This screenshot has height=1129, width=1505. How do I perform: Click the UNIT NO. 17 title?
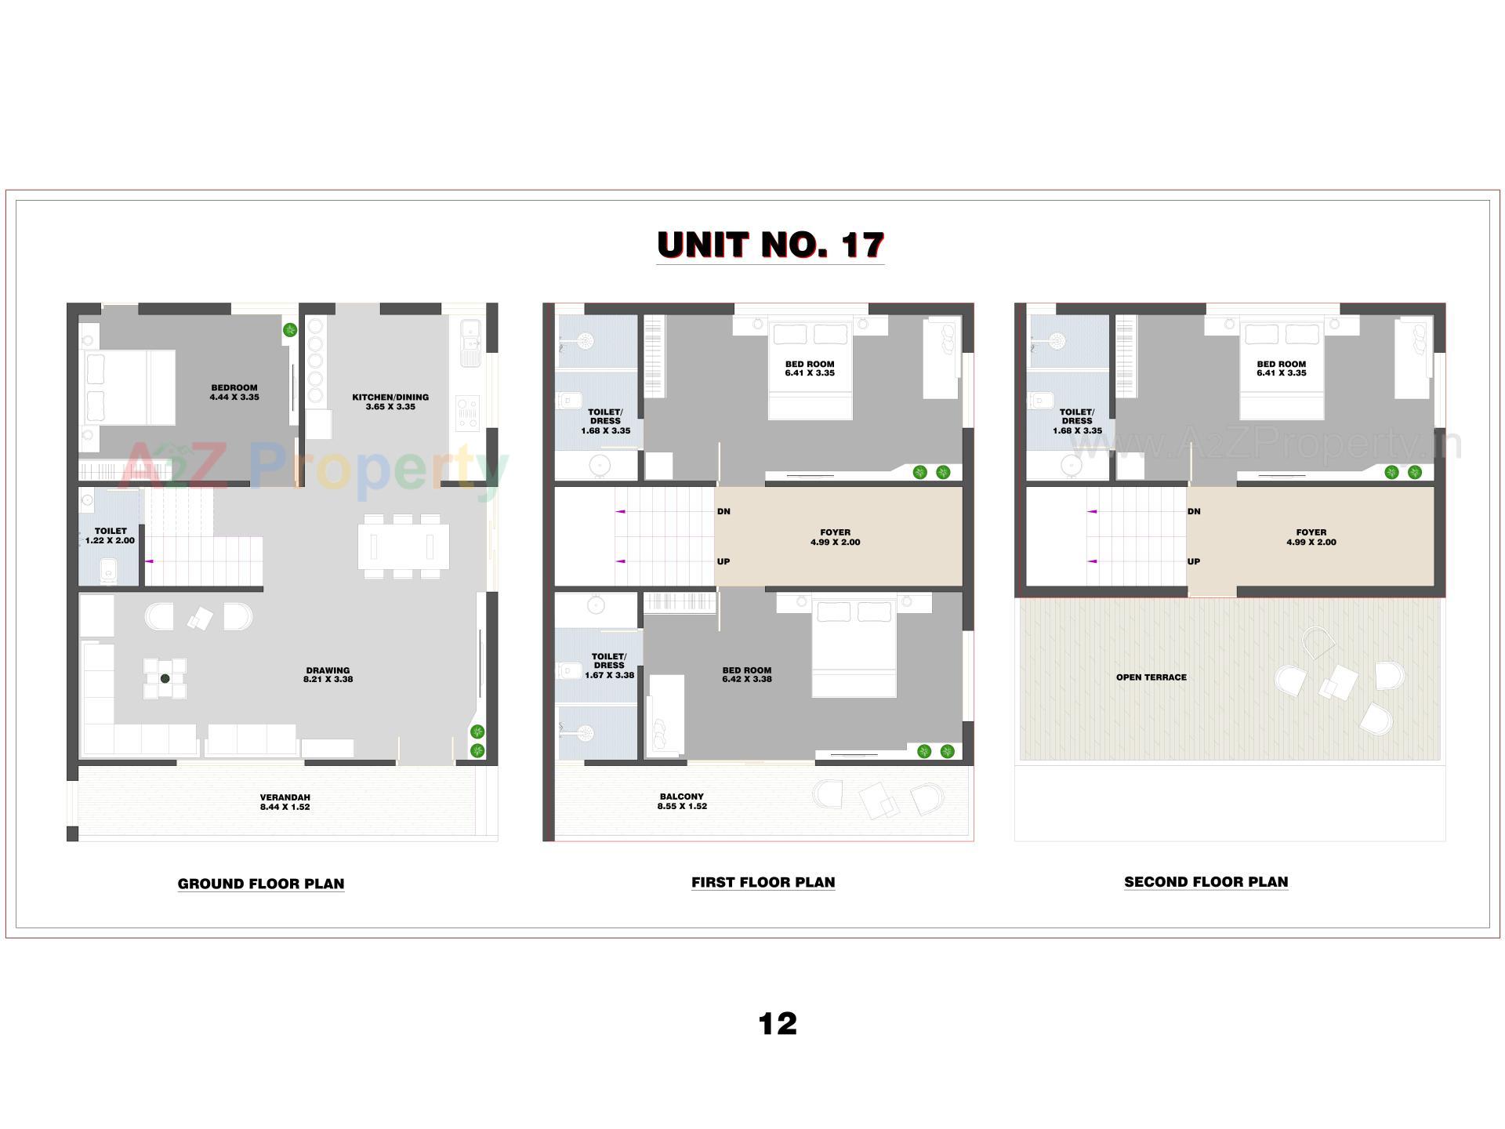771,245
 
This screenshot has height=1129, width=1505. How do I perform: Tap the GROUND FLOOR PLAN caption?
261,884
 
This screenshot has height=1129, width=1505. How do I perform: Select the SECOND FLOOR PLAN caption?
1206,882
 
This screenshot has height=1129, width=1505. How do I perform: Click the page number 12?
777,1024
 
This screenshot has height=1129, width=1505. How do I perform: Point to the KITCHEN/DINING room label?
390,401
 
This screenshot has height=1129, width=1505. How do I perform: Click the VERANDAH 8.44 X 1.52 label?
285,802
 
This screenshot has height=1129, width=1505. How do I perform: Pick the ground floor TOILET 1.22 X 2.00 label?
111,535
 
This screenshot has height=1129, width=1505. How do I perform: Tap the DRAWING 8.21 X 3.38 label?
328,675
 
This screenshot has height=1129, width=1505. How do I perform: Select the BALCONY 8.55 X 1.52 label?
682,801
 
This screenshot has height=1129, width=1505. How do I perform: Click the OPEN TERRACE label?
1151,677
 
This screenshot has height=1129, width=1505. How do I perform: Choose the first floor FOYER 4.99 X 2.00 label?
835,537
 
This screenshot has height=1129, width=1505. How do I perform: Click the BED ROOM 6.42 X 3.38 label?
746,675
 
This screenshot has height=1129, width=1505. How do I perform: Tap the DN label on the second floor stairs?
1194,512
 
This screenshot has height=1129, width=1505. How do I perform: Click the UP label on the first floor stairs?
723,561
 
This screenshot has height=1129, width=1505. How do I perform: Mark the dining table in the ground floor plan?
403,546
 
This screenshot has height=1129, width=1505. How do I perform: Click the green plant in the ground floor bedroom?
290,330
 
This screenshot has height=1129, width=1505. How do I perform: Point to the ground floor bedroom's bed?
129,387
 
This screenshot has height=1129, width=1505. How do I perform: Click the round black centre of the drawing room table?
165,678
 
